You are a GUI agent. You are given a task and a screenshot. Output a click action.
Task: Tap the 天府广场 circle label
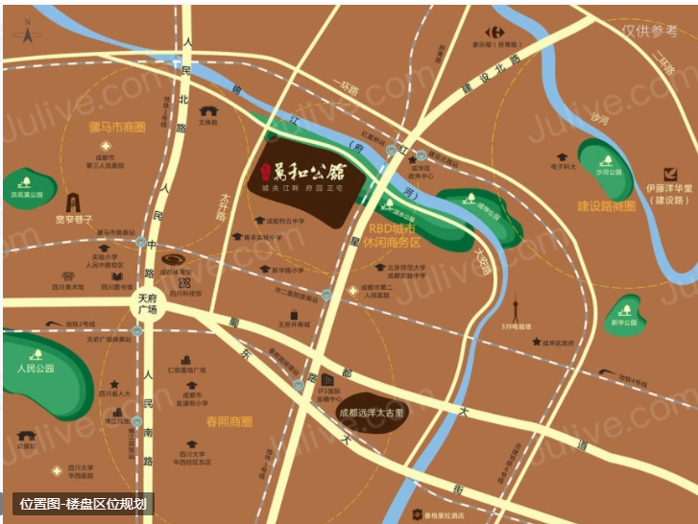point(147,303)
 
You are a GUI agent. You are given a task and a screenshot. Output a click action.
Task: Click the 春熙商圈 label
point(229,420)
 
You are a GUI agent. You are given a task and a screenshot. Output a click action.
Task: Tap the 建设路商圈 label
point(606,206)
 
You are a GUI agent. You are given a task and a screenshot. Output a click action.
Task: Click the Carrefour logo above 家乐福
point(494,32)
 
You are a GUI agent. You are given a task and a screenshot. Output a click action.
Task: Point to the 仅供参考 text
point(649,31)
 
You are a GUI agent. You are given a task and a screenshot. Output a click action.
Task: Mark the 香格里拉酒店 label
point(443,515)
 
